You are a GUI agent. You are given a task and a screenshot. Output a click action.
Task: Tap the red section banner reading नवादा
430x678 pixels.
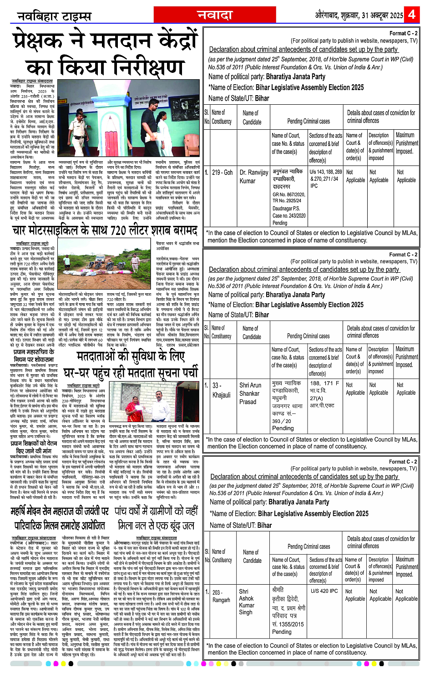coord(215,15)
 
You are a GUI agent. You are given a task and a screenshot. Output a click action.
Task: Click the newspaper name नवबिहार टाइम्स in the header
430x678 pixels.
coord(54,16)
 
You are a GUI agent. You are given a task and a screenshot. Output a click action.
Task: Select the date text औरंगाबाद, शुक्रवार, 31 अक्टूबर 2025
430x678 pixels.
coord(359,15)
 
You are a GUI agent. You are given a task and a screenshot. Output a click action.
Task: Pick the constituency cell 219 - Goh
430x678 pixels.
coord(222,173)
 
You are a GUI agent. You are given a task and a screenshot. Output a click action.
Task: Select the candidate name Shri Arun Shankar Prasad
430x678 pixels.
coord(250,393)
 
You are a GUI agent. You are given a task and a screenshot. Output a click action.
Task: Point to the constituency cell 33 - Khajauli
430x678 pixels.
coord(221,390)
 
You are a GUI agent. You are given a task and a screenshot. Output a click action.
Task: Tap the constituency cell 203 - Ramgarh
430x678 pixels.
coord(221,596)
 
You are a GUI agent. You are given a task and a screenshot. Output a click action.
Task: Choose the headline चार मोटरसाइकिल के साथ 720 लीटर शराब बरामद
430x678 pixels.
coord(105,231)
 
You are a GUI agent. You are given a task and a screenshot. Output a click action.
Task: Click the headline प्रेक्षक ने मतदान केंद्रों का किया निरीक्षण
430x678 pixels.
coord(105,54)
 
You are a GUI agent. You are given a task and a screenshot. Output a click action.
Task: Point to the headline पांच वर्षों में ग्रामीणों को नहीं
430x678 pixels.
coord(156,511)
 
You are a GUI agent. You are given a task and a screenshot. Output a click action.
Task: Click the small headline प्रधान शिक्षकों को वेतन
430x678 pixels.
coord(34,444)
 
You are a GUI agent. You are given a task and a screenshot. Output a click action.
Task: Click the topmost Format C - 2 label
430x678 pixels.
coord(403,33)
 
